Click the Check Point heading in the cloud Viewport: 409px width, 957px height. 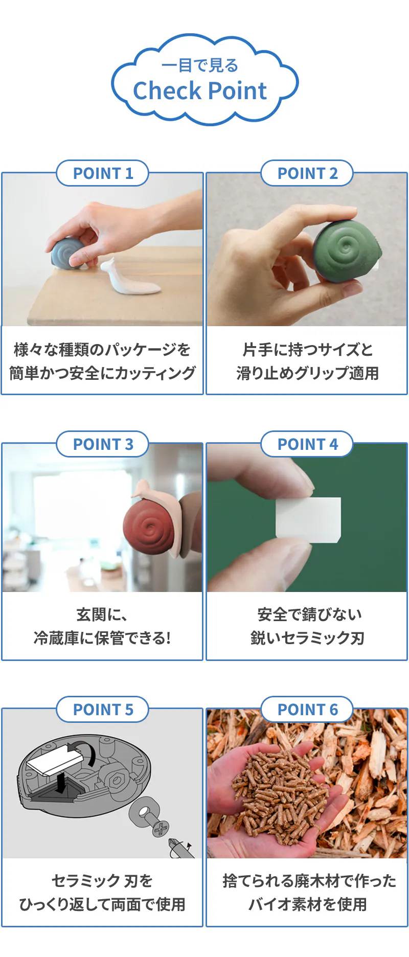click(200, 91)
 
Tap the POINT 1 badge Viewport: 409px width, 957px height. click(102, 173)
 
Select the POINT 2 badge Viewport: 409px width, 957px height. click(307, 173)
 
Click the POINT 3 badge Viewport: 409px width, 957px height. click(102, 444)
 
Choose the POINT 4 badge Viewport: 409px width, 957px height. click(307, 444)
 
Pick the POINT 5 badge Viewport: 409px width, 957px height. click(102, 710)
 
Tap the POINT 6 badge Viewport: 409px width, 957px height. click(307, 710)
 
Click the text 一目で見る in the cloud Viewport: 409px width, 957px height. click(200, 65)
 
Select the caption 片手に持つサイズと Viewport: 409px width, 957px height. click(307, 350)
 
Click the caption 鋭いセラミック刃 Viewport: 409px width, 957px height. click(307, 638)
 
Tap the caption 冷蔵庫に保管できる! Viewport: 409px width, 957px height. click(102, 638)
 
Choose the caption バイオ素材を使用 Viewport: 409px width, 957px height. click(307, 904)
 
